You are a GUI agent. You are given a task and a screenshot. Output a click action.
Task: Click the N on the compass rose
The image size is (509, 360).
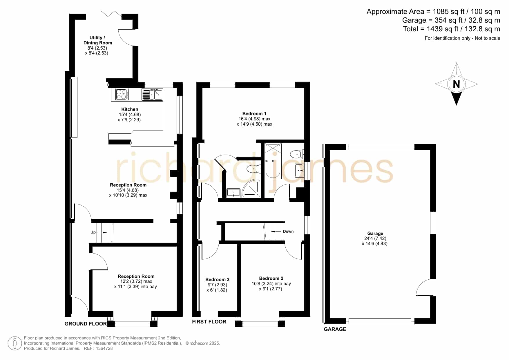coord(456,84)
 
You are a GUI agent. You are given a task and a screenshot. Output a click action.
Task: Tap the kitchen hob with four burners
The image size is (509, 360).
coord(122,94)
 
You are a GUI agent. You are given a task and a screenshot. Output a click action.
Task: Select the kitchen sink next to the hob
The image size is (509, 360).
coord(152,94)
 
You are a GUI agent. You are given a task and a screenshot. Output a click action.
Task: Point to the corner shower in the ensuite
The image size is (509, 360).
coord(252,189)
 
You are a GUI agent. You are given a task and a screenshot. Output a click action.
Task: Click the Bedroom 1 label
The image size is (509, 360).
coord(254,114)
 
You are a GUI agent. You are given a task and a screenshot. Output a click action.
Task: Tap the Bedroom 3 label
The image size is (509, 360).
coord(217,280)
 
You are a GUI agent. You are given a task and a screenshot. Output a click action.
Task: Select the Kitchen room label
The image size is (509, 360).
coord(130,109)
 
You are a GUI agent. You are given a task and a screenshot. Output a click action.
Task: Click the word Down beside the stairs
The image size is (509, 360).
coord(288,231)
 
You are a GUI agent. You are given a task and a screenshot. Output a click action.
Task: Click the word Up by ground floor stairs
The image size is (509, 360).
coord(93,232)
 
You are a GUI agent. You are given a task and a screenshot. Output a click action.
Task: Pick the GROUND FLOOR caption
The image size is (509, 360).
coord(86,324)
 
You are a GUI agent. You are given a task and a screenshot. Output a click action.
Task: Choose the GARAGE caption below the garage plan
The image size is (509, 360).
coord(335,329)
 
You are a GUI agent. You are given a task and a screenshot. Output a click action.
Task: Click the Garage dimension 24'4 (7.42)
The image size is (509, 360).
coord(375,238)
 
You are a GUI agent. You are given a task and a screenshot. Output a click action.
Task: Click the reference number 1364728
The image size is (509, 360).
coord(103,348)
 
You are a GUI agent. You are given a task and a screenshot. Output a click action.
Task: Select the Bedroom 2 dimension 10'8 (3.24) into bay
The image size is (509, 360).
coord(271,284)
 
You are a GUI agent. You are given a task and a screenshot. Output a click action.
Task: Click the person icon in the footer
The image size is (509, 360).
coord(15,343)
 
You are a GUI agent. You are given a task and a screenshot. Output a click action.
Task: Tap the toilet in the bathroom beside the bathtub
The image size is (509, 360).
coord(297,154)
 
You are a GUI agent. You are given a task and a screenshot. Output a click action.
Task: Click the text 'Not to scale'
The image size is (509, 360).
coord(488,38)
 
